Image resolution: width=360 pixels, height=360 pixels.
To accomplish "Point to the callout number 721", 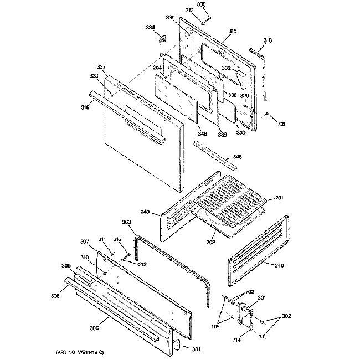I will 281,123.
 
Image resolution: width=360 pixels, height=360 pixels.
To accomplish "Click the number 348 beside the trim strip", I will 237,157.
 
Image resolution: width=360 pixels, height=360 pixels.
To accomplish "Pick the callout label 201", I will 279,197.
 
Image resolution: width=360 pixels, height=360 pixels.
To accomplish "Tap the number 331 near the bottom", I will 197,349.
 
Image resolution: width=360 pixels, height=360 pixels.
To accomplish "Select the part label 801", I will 261,298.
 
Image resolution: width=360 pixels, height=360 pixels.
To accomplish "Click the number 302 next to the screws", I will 286,316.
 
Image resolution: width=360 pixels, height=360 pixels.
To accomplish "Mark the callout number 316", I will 84,107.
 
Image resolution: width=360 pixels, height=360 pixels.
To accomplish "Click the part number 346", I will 203,133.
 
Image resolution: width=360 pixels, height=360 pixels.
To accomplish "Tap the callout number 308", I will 55,296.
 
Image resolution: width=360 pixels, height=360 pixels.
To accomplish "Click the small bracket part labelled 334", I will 163,39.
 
